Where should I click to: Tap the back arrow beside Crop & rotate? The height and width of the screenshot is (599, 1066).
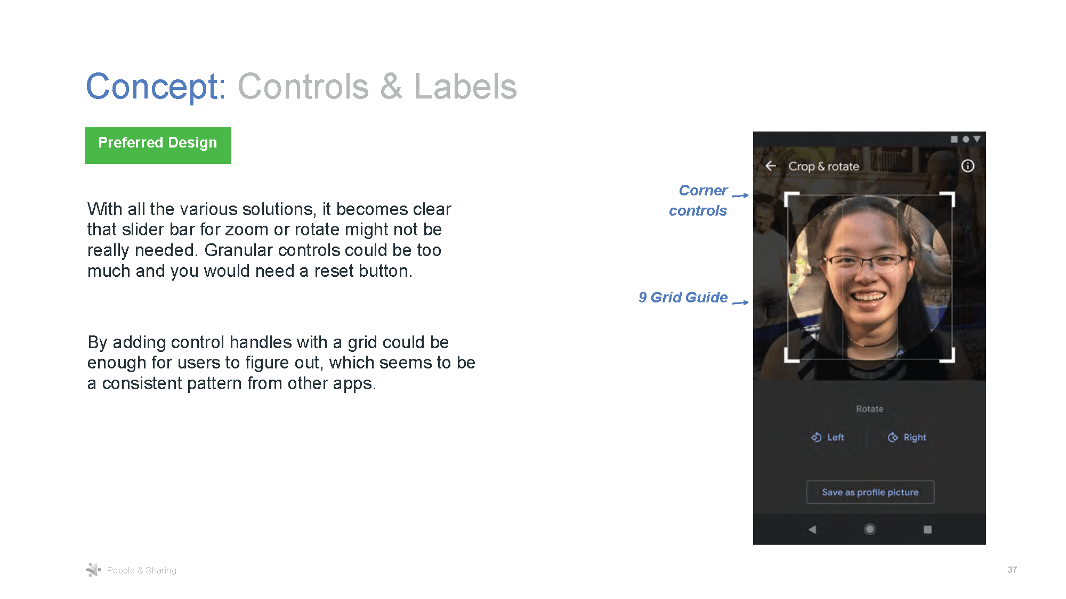pyautogui.click(x=771, y=166)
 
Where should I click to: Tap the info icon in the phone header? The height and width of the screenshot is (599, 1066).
pyautogui.click(x=967, y=166)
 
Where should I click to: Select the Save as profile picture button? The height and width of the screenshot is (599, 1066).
pyautogui.click(x=870, y=492)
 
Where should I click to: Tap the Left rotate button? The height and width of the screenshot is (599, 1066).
pyautogui.click(x=828, y=437)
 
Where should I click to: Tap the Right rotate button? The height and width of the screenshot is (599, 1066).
pyautogui.click(x=907, y=437)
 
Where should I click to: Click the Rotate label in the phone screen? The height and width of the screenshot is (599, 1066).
pyautogui.click(x=869, y=409)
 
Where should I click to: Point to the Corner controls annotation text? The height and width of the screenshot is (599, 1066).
pyautogui.click(x=699, y=200)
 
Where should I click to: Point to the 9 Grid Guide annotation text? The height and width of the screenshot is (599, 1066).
pyautogui.click(x=683, y=297)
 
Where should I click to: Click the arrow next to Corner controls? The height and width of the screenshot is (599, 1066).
pyautogui.click(x=740, y=195)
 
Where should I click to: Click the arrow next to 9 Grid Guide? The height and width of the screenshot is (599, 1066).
pyautogui.click(x=740, y=302)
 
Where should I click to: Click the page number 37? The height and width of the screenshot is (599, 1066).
pyautogui.click(x=1012, y=570)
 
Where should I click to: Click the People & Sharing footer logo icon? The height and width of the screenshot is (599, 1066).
pyautogui.click(x=93, y=570)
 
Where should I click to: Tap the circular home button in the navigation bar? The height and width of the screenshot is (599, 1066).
pyautogui.click(x=869, y=529)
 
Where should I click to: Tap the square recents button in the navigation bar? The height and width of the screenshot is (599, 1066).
pyautogui.click(x=927, y=529)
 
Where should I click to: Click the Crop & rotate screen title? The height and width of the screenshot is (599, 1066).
pyautogui.click(x=823, y=166)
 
